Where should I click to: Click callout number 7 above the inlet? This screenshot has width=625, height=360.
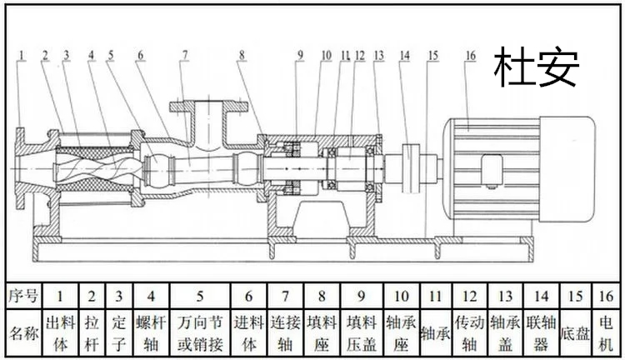pyautogui.click(x=183, y=55)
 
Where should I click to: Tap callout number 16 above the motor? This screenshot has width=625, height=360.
pyautogui.click(x=471, y=55)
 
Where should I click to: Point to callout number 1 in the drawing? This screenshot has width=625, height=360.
pyautogui.click(x=22, y=55)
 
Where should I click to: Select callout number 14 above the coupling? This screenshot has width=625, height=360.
pyautogui.click(x=405, y=55)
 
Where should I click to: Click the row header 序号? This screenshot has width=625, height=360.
pyautogui.click(x=23, y=295)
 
